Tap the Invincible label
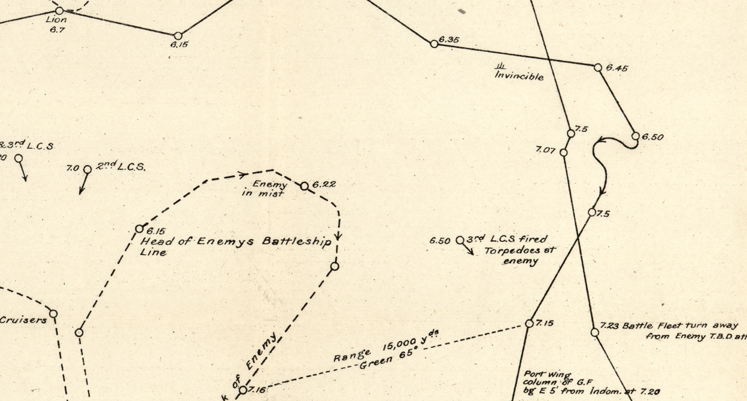click(x=519, y=76)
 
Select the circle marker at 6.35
click(x=434, y=44)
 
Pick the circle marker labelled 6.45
click(x=597, y=68)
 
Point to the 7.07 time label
click(x=545, y=150)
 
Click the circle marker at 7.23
click(x=594, y=332)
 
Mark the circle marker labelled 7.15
click(x=529, y=323)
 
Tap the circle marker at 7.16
click(x=243, y=390)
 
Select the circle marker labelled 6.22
click(x=304, y=186)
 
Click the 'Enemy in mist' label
click(x=268, y=189)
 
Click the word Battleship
click(x=301, y=241)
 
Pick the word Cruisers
click(x=23, y=320)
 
